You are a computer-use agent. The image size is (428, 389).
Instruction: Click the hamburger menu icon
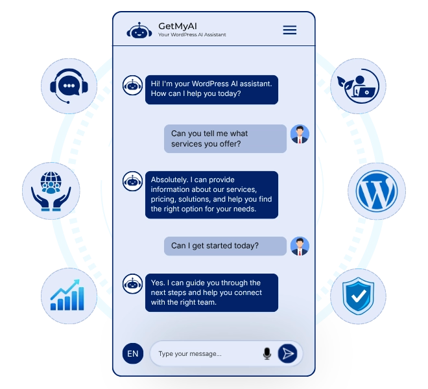[x=290, y=30]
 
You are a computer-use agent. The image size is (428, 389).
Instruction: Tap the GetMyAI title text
[x=178, y=26]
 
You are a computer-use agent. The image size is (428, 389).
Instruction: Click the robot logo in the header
[x=139, y=30]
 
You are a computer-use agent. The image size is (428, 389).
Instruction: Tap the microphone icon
[x=267, y=353]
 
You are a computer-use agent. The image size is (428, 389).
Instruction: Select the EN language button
[x=133, y=353]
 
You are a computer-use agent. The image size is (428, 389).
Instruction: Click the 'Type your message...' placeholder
[x=190, y=354]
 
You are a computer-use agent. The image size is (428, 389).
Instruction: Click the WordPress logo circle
[x=377, y=191]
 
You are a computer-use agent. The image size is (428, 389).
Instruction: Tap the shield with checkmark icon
[x=358, y=296]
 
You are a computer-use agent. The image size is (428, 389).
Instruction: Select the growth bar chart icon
[x=67, y=295]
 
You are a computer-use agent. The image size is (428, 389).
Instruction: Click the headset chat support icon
[x=69, y=86]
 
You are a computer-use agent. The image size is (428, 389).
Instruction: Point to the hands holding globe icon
[x=51, y=191]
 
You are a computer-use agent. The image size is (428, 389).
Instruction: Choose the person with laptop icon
[x=358, y=86]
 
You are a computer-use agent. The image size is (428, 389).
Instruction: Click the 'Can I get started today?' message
[x=225, y=246]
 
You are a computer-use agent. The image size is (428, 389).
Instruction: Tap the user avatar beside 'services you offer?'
[x=300, y=134]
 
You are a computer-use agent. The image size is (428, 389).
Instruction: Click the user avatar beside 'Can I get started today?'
[x=300, y=246]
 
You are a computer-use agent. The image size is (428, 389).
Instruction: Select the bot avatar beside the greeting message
[x=132, y=86]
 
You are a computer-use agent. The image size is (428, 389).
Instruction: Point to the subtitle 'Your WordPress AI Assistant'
[x=192, y=34]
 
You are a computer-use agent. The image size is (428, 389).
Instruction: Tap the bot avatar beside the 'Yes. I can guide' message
[x=132, y=284]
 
